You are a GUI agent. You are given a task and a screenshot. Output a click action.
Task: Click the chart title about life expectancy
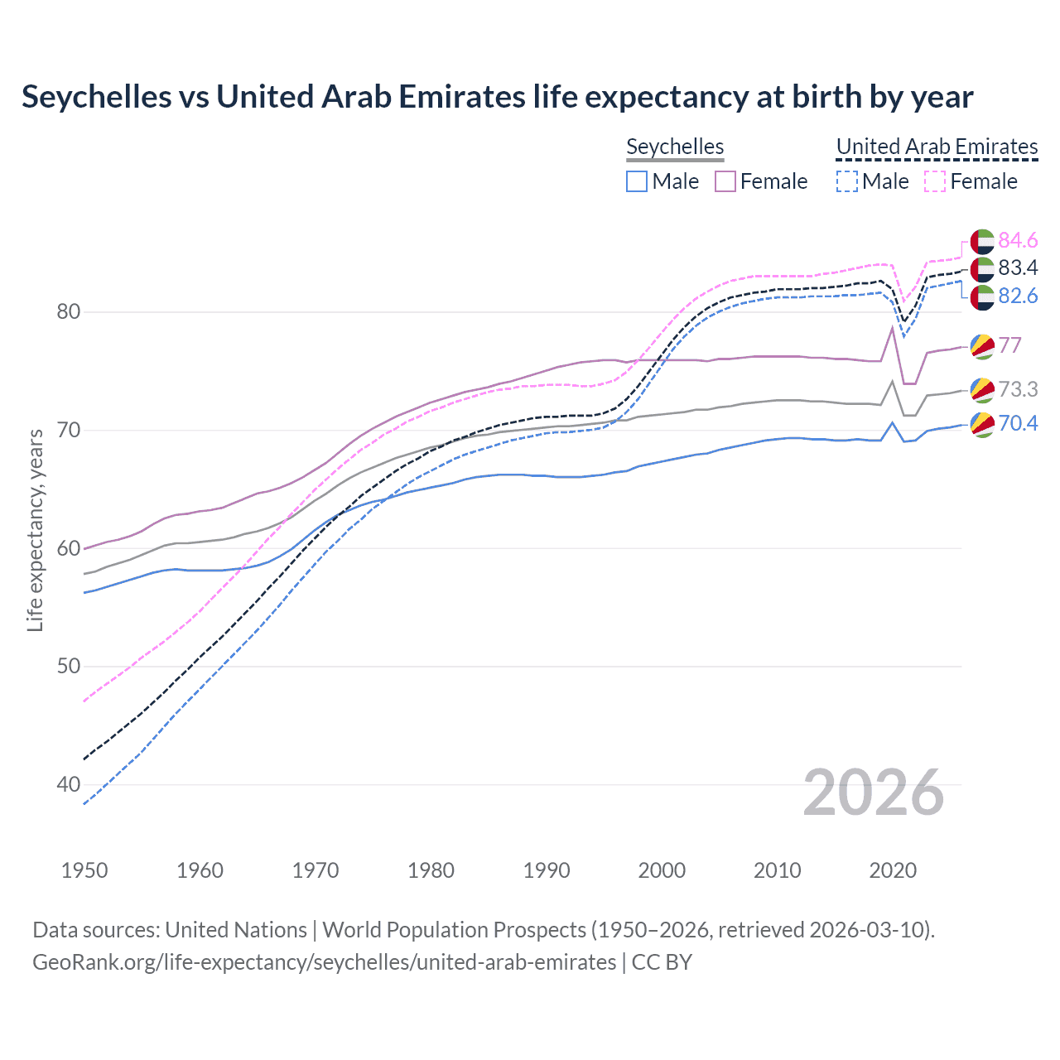point(497,97)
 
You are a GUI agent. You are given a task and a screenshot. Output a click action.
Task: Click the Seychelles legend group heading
point(675,147)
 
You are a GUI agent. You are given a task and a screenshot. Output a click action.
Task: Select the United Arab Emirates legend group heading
point(937,147)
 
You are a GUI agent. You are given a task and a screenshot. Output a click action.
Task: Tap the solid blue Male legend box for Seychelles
point(636,181)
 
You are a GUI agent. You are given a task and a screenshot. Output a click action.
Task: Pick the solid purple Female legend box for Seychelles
point(725,181)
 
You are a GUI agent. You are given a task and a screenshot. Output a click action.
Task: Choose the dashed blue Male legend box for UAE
point(846,181)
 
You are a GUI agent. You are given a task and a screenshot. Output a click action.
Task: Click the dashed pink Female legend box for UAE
point(935,181)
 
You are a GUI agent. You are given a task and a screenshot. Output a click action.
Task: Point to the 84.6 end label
point(1018,240)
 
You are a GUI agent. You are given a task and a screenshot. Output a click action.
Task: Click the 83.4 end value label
point(1018,267)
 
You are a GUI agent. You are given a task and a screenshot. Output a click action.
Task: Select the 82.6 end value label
point(1018,296)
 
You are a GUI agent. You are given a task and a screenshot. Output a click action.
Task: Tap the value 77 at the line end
point(1009,345)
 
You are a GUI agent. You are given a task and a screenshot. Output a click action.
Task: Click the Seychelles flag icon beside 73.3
point(982,389)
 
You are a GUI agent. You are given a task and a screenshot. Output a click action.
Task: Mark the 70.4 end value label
point(1018,423)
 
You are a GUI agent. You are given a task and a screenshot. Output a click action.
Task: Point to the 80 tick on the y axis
point(69,312)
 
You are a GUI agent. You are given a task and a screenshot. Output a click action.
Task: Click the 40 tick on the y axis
point(69,784)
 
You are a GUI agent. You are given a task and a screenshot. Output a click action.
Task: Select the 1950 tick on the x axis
point(84,870)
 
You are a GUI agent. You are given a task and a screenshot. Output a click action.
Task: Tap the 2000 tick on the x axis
point(662,870)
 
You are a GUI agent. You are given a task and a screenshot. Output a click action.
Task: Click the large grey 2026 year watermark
point(873,793)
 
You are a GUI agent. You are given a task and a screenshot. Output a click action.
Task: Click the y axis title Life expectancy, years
point(36,530)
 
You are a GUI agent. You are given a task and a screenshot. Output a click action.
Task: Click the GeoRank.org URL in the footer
point(324,962)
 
